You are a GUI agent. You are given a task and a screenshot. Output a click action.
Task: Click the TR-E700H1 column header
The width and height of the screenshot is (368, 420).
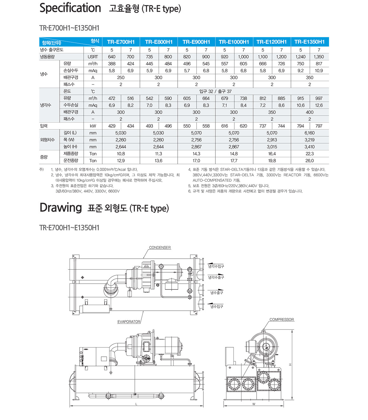pos(121,42)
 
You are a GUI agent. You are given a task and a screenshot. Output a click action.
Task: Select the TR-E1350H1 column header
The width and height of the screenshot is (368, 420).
pos(309,42)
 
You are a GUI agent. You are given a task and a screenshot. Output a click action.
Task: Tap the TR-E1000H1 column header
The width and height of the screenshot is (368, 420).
pos(234,42)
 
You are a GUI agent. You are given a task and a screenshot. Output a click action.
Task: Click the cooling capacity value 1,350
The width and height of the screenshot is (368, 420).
pos(319,57)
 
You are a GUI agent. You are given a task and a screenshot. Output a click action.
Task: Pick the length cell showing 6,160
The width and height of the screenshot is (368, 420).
pos(309,133)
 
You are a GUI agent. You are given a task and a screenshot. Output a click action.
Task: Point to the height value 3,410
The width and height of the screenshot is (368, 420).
pos(309,147)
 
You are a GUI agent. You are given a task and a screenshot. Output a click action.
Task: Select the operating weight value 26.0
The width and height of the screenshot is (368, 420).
pos(309,161)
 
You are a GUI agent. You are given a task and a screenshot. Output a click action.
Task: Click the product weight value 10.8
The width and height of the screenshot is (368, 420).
pos(121,154)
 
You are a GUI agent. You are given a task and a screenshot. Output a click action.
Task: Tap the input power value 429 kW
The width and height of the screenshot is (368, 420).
pos(112,126)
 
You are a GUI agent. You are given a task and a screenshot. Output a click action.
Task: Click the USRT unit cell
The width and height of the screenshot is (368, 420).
pos(93,57)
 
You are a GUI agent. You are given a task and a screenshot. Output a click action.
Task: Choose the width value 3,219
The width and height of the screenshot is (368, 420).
pos(309,140)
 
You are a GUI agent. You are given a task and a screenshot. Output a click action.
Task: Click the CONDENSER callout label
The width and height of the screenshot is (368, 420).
pos(160,247)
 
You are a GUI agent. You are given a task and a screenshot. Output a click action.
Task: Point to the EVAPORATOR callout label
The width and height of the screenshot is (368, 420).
pos(129,322)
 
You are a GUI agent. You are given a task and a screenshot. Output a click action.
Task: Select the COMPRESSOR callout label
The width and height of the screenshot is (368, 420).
pos(282,320)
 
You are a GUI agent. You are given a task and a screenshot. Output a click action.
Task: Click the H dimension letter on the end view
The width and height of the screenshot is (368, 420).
pos(290,364)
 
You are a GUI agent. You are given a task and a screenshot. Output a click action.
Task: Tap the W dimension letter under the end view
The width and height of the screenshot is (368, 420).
pos(254,404)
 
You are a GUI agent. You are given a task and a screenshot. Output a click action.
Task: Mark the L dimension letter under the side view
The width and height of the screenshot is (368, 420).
pos(136,404)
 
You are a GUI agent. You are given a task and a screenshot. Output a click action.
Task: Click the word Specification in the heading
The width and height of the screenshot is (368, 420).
pos(70,8)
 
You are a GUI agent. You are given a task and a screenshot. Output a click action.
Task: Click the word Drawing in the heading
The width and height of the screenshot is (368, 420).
pos(61,207)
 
